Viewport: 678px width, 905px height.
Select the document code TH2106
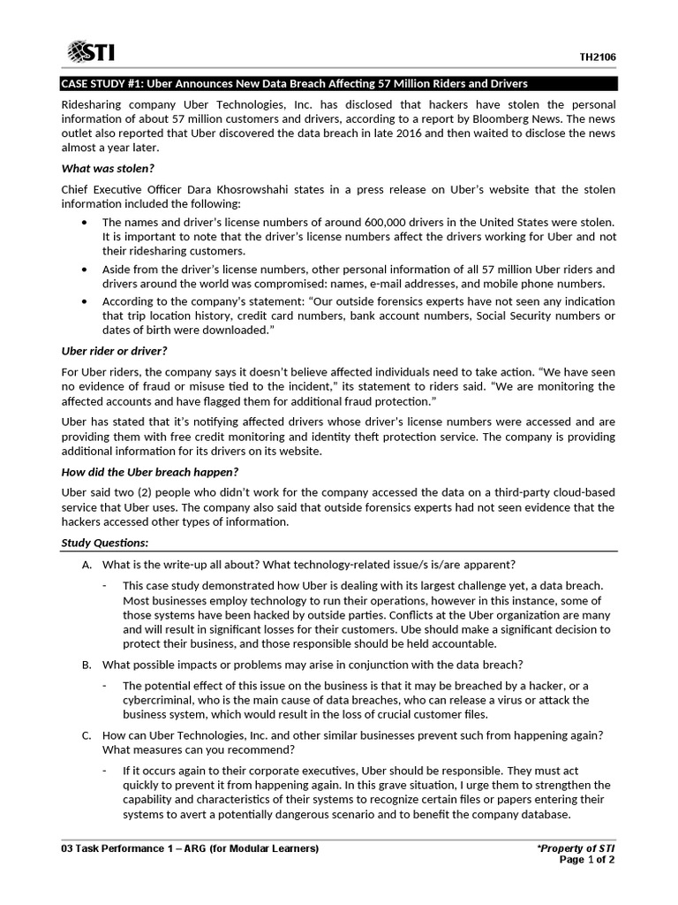(597, 57)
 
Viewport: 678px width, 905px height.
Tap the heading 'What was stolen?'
(108, 168)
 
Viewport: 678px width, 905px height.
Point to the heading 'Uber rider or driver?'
(114, 351)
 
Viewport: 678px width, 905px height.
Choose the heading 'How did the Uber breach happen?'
(149, 471)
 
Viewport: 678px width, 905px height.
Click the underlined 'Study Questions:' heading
(104, 542)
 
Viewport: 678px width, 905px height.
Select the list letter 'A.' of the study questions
(87, 565)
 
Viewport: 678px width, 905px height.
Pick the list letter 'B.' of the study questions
(87, 665)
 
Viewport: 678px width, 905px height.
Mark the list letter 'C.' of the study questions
(87, 735)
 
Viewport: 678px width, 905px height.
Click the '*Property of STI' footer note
(576, 848)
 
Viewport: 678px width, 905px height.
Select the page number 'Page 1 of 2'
(588, 861)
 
